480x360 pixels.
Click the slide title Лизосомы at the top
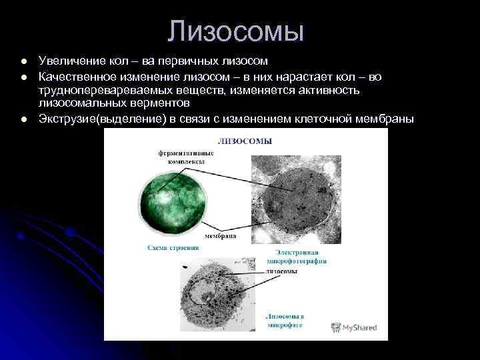(236, 31)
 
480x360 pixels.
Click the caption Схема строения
(173, 247)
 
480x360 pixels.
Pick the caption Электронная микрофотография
(301, 257)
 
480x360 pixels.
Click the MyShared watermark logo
(354, 327)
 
